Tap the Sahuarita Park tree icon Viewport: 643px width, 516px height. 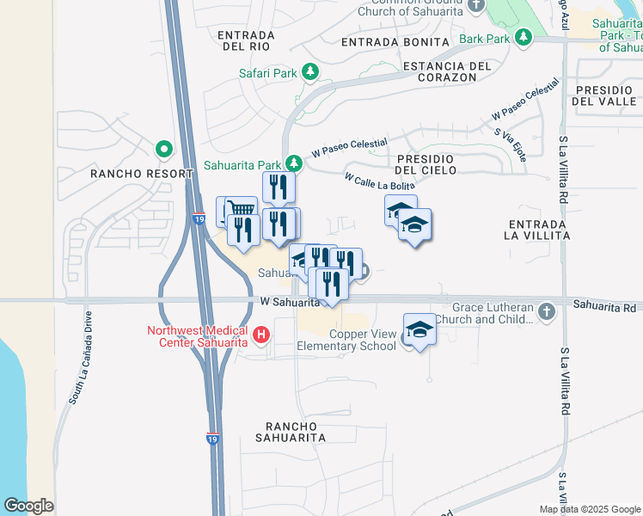click(294, 163)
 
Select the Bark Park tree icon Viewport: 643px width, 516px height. click(523, 38)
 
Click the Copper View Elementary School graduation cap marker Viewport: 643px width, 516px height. click(419, 330)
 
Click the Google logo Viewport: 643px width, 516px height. click(28, 505)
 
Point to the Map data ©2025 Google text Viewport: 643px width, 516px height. click(589, 508)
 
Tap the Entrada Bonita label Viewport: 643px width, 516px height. click(395, 41)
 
